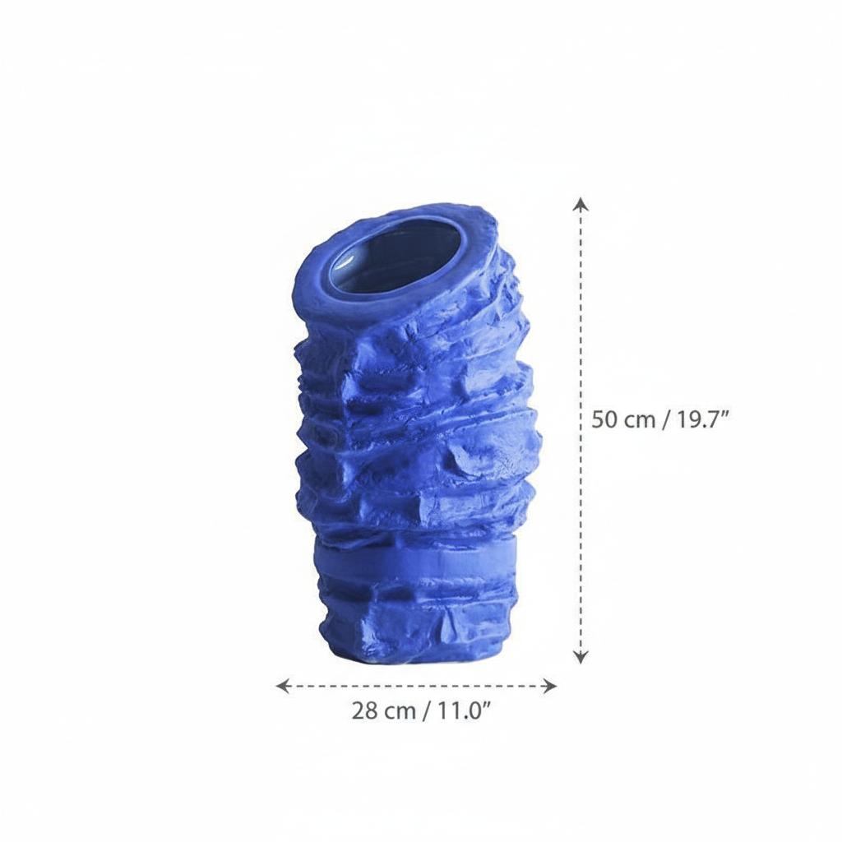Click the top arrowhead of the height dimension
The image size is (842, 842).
(x=581, y=205)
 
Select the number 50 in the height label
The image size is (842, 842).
(x=606, y=419)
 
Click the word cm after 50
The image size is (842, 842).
(x=641, y=420)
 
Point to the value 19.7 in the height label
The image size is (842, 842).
(x=698, y=419)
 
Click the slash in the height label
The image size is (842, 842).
(x=664, y=419)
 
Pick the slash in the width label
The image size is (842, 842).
(x=425, y=711)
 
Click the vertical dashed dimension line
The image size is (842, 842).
(x=581, y=329)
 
